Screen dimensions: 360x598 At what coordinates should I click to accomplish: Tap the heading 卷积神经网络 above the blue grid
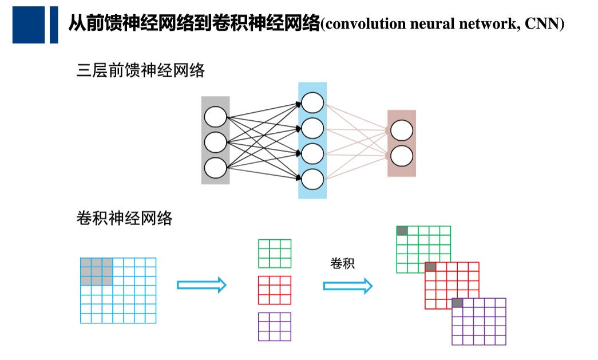[x=124, y=218]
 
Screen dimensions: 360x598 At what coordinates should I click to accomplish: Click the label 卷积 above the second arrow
[x=343, y=263]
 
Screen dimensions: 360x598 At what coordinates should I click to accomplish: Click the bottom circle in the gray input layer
[x=215, y=167]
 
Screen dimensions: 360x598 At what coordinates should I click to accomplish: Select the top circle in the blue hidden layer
[x=312, y=104]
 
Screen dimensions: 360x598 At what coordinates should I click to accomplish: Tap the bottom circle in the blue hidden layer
[x=312, y=180]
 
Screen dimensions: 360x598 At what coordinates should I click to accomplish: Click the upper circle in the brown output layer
[x=402, y=131]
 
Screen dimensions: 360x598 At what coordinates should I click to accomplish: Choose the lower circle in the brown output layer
[x=402, y=155]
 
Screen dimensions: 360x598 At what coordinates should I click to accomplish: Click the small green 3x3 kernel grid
[x=275, y=254]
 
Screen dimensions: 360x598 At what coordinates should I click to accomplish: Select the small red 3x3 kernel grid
[x=275, y=290]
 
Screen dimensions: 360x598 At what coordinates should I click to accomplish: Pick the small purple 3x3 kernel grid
[x=275, y=327]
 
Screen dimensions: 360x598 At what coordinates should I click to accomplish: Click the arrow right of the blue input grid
[x=201, y=285]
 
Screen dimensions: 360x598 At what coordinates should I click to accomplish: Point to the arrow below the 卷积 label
[x=347, y=286]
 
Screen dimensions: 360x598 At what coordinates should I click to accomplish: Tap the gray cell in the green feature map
[x=402, y=231]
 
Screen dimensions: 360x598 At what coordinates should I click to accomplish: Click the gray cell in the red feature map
[x=430, y=267]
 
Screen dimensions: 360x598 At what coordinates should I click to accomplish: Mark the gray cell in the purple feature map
[x=457, y=303]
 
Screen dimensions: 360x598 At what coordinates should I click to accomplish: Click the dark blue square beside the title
[x=28, y=25]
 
